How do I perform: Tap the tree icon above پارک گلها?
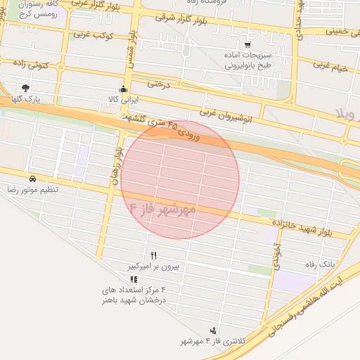pyautogui.click(x=26, y=89)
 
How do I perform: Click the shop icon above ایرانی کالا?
pyautogui.click(x=124, y=89)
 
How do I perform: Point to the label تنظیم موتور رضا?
pyautogui.click(x=33, y=190)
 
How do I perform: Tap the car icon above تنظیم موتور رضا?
pyautogui.click(x=33, y=179)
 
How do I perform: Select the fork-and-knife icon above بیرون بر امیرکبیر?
pyautogui.click(x=154, y=255)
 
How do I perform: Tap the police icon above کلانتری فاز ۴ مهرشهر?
pyautogui.click(x=213, y=330)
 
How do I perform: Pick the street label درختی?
pyautogui.click(x=159, y=84)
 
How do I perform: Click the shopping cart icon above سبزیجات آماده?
pyautogui.click(x=248, y=44)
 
